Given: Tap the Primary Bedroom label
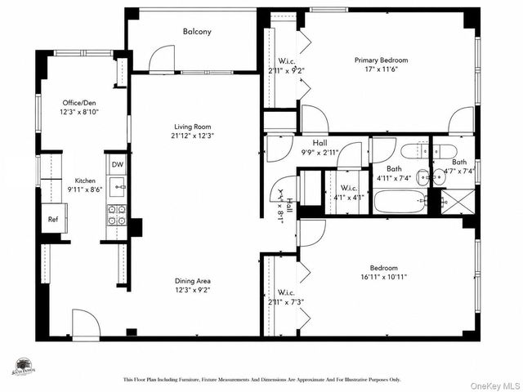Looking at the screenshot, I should point(381,60).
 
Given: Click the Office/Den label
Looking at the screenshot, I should point(80,104).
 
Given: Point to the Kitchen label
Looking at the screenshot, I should point(86,180).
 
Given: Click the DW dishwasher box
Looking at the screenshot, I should point(118,164).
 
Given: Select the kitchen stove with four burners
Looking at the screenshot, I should point(117,215).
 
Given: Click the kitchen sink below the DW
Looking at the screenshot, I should point(118,189).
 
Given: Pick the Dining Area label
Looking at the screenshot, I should point(192,280).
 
